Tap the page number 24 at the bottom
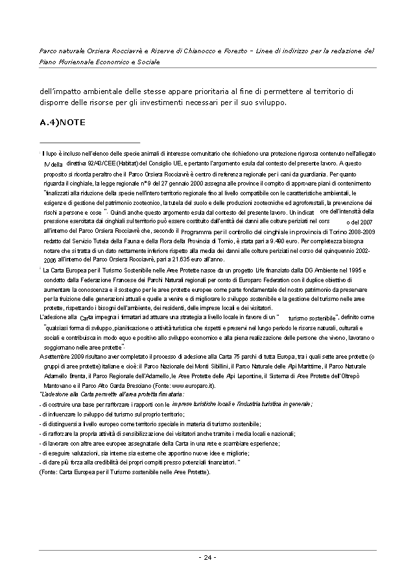click(x=207, y=557)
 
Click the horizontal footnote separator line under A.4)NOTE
click(x=89, y=141)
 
